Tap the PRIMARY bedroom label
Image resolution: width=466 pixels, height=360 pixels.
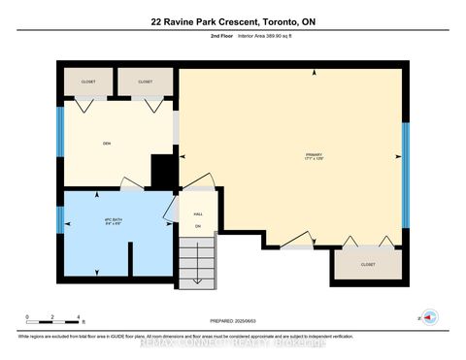coord(314,155)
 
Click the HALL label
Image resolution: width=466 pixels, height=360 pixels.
coord(197,215)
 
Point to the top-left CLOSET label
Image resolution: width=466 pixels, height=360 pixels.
coord(88,82)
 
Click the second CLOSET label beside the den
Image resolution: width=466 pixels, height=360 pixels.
coord(145,82)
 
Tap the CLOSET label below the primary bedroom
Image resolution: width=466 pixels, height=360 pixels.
coord(367,263)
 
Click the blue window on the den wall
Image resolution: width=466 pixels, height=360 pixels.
coord(59,132)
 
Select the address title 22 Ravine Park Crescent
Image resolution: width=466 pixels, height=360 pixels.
coord(233,21)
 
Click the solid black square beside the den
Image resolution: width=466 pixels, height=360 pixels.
coord(165,174)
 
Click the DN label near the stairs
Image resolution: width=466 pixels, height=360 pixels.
coord(197,227)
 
